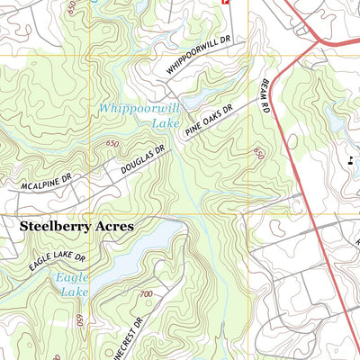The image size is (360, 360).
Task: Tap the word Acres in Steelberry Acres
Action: click(112, 227)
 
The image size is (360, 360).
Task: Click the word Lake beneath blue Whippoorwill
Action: click(166, 122)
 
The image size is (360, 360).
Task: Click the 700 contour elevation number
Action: click(146, 294)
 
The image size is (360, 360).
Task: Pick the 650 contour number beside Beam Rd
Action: click(259, 155)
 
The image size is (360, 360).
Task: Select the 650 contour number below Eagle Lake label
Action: click(80, 321)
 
